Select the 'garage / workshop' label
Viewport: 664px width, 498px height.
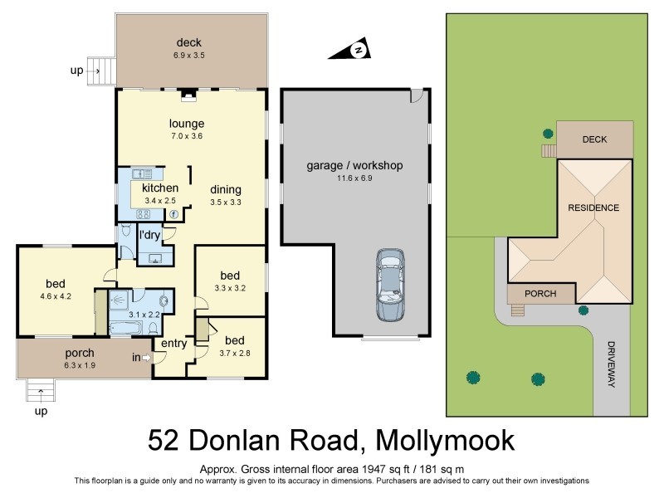tap(354, 166)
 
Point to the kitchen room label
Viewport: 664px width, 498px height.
tap(160, 188)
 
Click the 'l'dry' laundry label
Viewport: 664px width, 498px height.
tap(149, 236)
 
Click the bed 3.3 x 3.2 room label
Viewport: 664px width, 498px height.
tap(230, 276)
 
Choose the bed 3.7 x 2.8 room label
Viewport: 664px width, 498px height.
tap(235, 340)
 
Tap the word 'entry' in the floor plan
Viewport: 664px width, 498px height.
tap(174, 343)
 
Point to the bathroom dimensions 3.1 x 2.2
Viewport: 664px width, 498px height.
tap(144, 315)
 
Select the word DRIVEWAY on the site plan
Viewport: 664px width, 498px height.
tap(613, 365)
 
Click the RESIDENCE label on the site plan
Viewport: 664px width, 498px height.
tap(593, 207)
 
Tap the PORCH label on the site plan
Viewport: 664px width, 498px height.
tap(540, 294)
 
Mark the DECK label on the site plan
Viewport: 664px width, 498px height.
tap(594, 139)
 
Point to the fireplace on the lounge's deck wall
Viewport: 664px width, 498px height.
tap(189, 95)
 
